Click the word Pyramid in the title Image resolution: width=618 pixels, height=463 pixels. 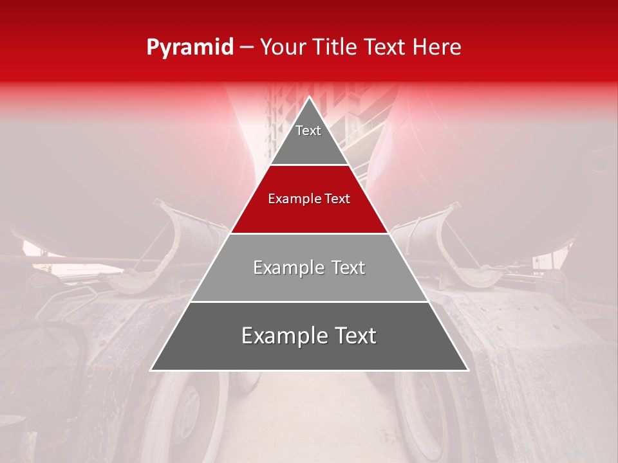[189, 48]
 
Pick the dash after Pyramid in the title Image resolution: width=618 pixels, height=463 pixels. [247, 48]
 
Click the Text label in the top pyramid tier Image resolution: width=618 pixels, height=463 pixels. [308, 131]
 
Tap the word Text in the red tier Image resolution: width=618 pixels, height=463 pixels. [338, 199]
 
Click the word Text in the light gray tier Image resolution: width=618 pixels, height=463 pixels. [348, 268]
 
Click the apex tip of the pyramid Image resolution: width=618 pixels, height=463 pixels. [309, 97]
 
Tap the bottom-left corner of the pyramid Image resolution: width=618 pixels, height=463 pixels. [151, 370]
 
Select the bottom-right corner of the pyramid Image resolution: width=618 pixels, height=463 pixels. [467, 370]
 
